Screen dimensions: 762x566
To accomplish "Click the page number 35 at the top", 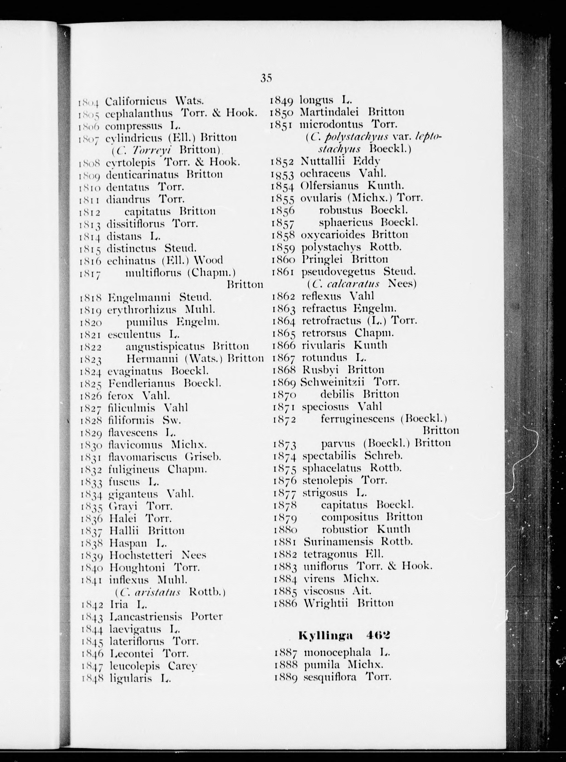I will pyautogui.click(x=266, y=78).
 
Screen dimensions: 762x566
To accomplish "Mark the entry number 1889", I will pyautogui.click(x=286, y=677).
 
